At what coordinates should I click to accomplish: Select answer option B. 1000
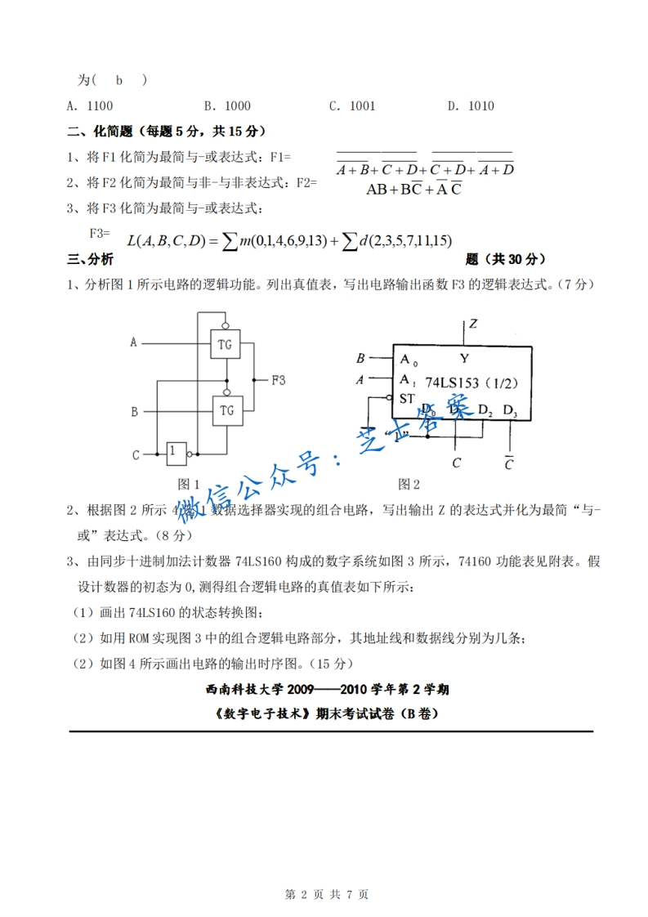pyautogui.click(x=227, y=105)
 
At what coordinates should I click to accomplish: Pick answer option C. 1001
pyautogui.click(x=352, y=105)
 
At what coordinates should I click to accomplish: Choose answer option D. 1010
pyautogui.click(x=471, y=105)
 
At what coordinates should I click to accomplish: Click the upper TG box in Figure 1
pyautogui.click(x=226, y=344)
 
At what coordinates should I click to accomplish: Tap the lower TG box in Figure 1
pyautogui.click(x=226, y=410)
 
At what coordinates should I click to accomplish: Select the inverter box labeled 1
pyautogui.click(x=174, y=452)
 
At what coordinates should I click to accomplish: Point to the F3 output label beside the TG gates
pyautogui.click(x=279, y=380)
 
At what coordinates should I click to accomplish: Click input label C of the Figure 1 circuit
pyautogui.click(x=136, y=454)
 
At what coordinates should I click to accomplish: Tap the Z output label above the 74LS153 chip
pyautogui.click(x=473, y=324)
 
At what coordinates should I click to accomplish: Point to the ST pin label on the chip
pyautogui.click(x=407, y=398)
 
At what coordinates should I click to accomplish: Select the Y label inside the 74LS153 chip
pyautogui.click(x=464, y=358)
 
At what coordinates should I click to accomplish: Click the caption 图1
pyautogui.click(x=190, y=483)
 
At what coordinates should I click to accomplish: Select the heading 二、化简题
pyautogui.click(x=102, y=131)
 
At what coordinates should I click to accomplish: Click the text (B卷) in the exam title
pyautogui.click(x=418, y=713)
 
